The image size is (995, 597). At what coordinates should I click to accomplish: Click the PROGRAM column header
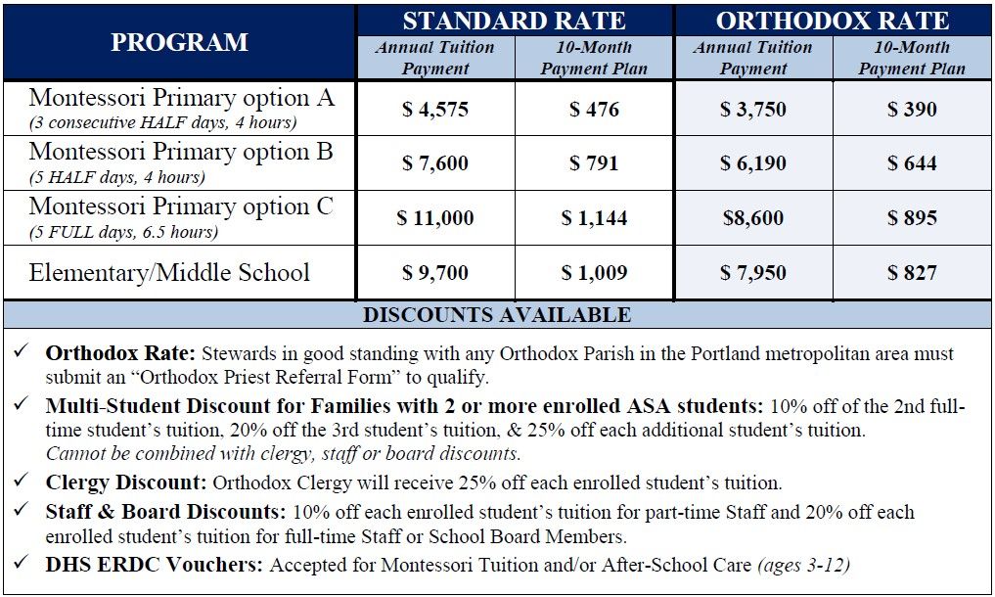[x=179, y=43]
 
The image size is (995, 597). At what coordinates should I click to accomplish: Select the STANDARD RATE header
[x=514, y=21]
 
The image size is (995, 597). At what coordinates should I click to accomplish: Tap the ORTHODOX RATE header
[x=832, y=21]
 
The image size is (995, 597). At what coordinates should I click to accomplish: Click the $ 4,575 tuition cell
[x=435, y=109]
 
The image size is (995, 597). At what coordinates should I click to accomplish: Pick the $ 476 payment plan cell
[x=594, y=109]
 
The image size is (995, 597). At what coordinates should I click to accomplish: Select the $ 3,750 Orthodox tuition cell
[x=753, y=109]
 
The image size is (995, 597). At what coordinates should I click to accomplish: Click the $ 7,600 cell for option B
[x=435, y=163]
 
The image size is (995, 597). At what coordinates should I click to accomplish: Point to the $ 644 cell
[x=912, y=163]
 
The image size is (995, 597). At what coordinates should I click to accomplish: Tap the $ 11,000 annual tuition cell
[x=435, y=218]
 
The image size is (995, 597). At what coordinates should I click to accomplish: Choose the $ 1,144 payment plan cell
[x=594, y=218]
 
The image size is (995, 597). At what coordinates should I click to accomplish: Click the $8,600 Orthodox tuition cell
[x=753, y=218]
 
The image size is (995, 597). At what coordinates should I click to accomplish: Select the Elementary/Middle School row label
[x=169, y=272]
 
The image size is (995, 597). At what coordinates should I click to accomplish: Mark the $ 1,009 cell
[x=594, y=273]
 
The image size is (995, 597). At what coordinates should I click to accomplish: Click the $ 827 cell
[x=912, y=273]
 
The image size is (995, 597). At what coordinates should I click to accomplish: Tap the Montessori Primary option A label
[x=181, y=98]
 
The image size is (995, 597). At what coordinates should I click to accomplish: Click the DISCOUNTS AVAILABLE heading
[x=497, y=315]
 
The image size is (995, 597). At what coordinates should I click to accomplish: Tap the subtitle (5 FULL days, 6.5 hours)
[x=123, y=232]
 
